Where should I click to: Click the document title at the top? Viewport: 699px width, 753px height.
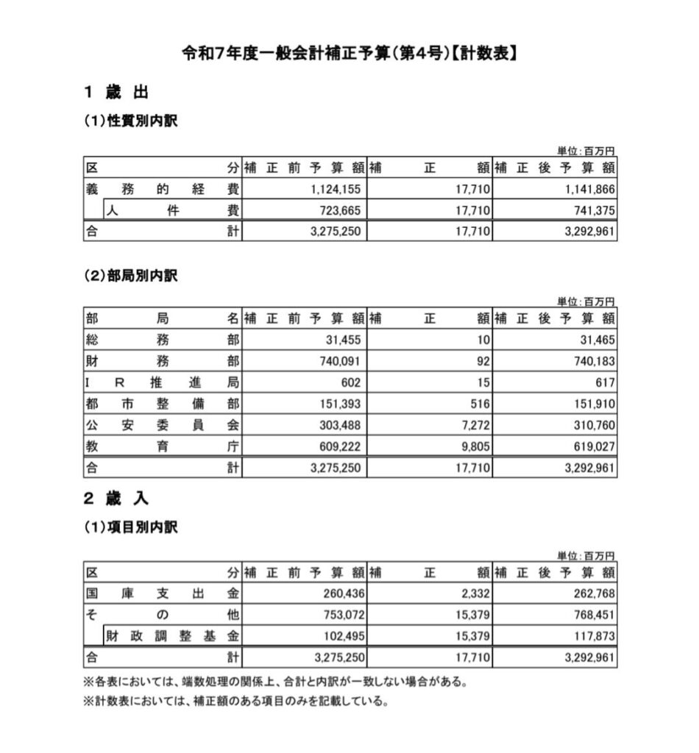click(349, 54)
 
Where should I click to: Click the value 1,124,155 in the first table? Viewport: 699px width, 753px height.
click(336, 189)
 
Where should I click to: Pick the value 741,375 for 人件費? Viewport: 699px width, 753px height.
click(591, 210)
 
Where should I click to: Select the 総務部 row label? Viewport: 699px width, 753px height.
click(163, 340)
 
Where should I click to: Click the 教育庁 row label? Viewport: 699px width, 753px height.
click(163, 446)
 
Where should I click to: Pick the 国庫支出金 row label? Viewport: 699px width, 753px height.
click(163, 593)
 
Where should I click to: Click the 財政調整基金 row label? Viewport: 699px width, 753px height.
click(172, 635)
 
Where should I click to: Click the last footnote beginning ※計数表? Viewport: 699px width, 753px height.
click(235, 701)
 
